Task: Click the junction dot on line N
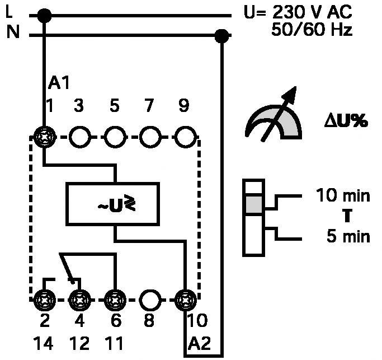point(222,37)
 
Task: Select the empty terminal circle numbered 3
point(81,136)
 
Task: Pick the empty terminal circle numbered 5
point(115,136)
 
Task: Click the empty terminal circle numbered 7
point(149,136)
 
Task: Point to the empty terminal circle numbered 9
point(184,136)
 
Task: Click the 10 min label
point(343,196)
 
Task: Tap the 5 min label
point(348,236)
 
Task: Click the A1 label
point(58,84)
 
